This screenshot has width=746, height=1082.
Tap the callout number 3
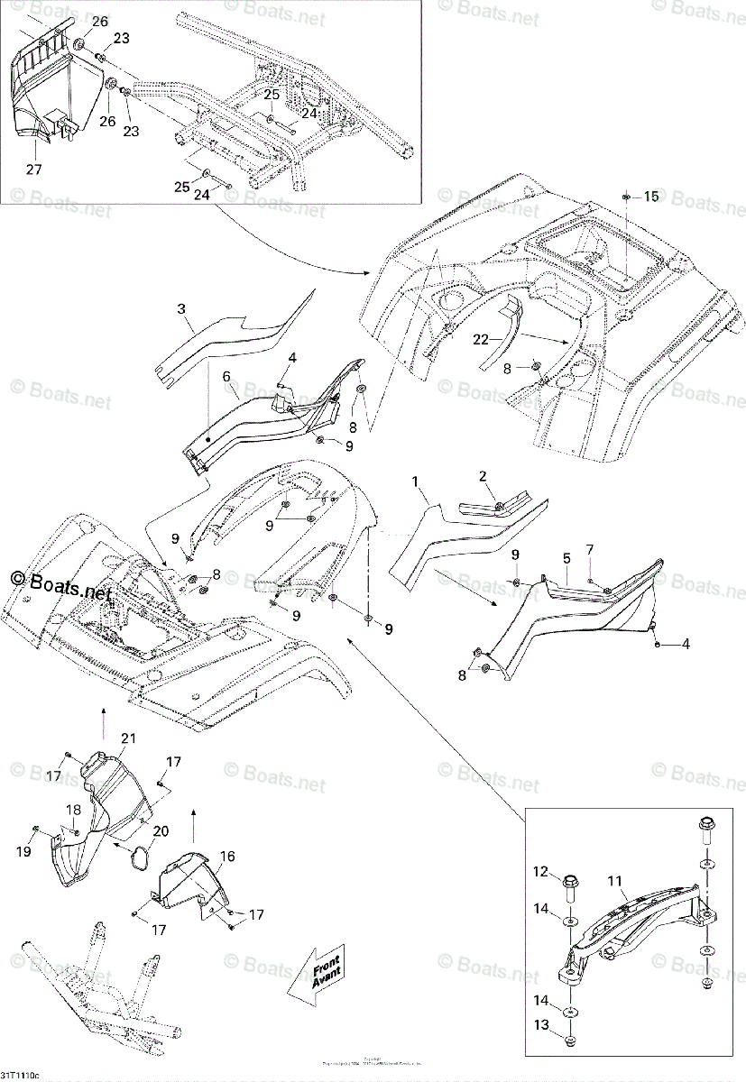[x=181, y=309]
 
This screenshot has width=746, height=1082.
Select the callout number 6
[x=226, y=375]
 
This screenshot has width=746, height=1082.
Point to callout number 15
[x=651, y=196]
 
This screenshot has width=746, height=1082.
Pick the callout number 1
[x=416, y=483]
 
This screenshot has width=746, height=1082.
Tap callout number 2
[x=483, y=476]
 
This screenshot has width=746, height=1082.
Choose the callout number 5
[x=566, y=558]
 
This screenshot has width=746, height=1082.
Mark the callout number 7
[x=590, y=549]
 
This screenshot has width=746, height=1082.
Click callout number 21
[x=128, y=738]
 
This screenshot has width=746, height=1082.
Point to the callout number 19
[x=24, y=850]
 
